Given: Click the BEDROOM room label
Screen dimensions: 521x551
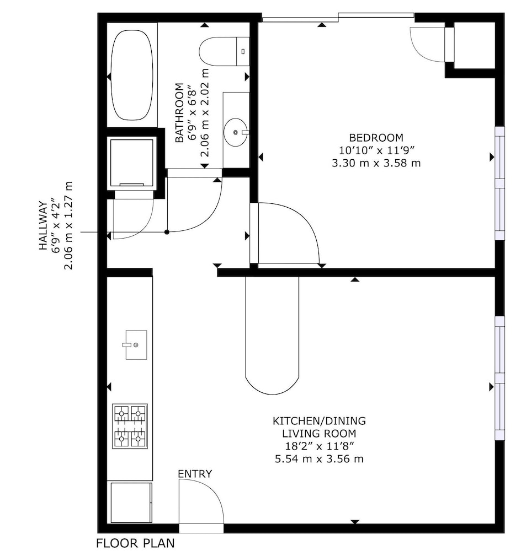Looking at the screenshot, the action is pyautogui.click(x=376, y=137).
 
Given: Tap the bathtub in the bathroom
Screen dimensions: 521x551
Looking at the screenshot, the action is pyautogui.click(x=132, y=75).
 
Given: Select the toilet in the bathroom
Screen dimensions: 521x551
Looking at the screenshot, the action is pyautogui.click(x=224, y=51).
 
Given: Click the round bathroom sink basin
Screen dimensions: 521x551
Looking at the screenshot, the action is pyautogui.click(x=236, y=132).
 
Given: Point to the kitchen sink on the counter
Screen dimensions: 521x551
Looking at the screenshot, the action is pyautogui.click(x=136, y=345).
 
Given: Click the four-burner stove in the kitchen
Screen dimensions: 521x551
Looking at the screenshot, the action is pyautogui.click(x=130, y=426).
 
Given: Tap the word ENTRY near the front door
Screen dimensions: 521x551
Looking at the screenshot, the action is pyautogui.click(x=195, y=474).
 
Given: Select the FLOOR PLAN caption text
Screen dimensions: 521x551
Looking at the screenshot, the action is pyautogui.click(x=136, y=543).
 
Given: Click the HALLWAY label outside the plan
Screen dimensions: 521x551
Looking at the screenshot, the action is pyautogui.click(x=43, y=225).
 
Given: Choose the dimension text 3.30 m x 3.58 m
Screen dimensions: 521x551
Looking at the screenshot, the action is pyautogui.click(x=376, y=163).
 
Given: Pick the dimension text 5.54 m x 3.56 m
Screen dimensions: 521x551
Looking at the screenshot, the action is pyautogui.click(x=319, y=458).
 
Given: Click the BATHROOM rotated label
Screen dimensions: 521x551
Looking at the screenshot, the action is pyautogui.click(x=179, y=112).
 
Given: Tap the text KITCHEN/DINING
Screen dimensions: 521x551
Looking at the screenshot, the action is pyautogui.click(x=320, y=420).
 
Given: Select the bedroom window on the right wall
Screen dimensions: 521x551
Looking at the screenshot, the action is pyautogui.click(x=499, y=183).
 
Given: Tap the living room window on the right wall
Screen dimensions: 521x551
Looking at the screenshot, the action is pyautogui.click(x=499, y=378).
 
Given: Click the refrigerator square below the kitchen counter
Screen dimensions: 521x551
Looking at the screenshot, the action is pyautogui.click(x=131, y=503).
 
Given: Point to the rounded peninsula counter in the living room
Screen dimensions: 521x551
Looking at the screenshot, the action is pyautogui.click(x=272, y=336).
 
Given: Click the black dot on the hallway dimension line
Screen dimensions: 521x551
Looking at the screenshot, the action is pyautogui.click(x=167, y=232).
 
